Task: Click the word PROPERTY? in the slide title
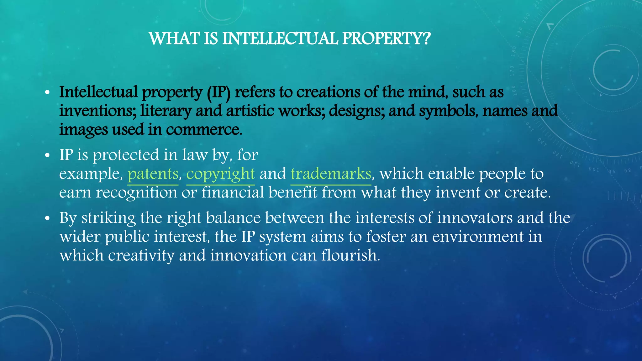click(x=386, y=39)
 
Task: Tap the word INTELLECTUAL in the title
click(x=280, y=39)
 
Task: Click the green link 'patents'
click(x=153, y=174)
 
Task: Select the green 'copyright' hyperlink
click(x=220, y=174)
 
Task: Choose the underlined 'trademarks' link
click(x=331, y=174)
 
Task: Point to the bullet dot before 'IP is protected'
click(x=47, y=155)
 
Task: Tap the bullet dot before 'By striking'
click(x=47, y=218)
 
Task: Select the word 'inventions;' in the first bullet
click(x=98, y=111)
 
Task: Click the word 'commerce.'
click(x=204, y=130)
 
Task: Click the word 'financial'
click(x=233, y=193)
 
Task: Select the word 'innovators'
click(x=475, y=218)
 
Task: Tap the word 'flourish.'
click(x=350, y=255)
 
